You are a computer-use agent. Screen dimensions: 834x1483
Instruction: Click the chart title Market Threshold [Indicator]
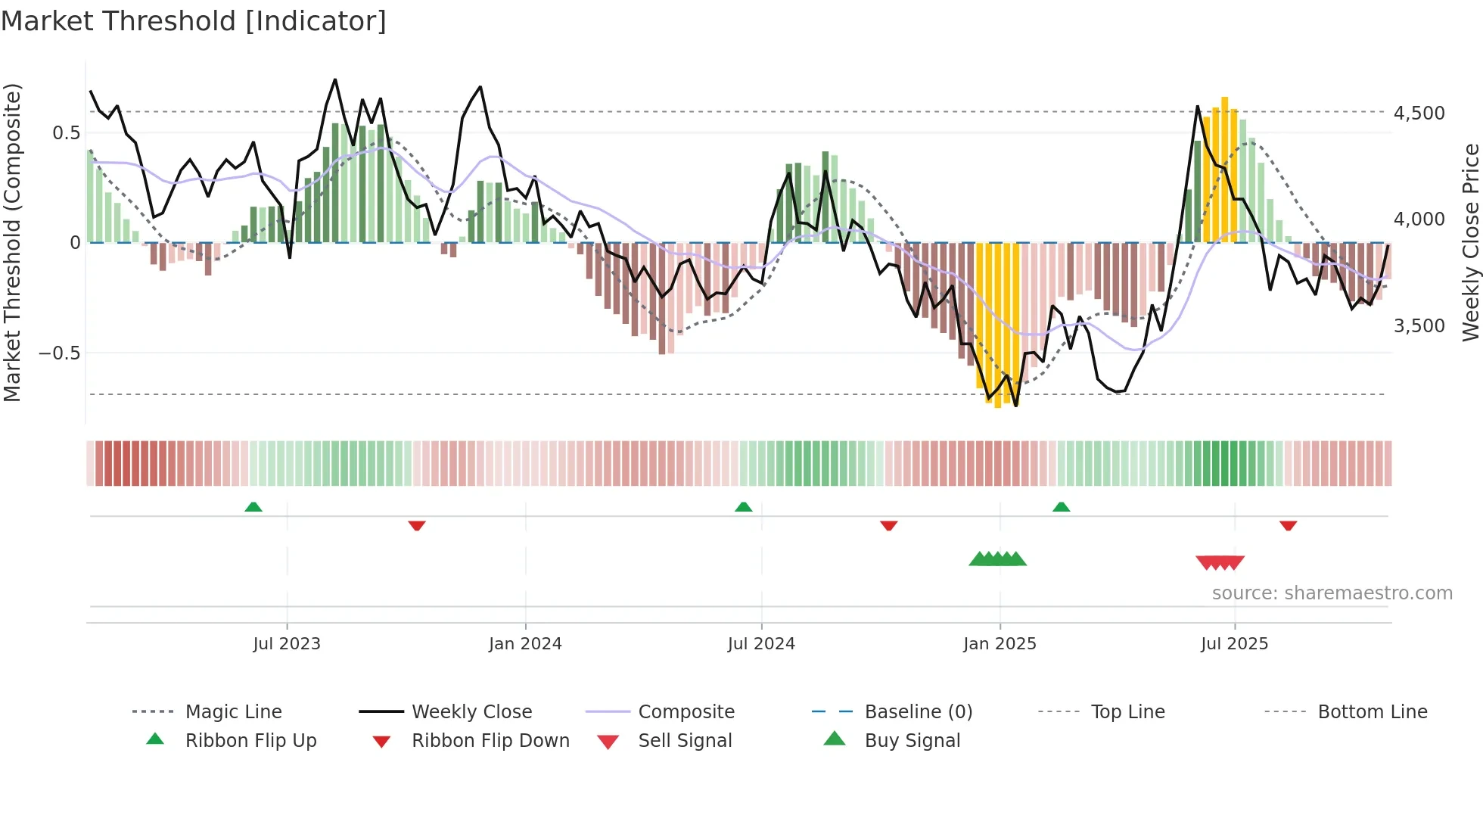click(x=194, y=21)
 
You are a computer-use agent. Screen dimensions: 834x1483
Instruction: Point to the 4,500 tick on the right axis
click(x=1419, y=114)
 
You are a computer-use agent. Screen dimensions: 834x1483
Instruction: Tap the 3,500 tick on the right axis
click(x=1419, y=326)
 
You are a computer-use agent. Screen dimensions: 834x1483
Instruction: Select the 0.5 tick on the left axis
click(x=66, y=133)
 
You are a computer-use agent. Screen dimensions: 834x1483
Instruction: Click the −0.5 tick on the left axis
click(x=59, y=353)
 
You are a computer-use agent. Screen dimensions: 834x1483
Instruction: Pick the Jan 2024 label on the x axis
click(x=525, y=644)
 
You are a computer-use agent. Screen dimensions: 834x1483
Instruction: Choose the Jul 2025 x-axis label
click(x=1234, y=644)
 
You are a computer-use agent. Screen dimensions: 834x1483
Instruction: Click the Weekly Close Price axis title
click(x=1470, y=242)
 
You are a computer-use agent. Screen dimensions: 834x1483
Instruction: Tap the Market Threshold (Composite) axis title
click(x=12, y=242)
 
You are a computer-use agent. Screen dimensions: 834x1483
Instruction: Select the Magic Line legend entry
click(x=233, y=712)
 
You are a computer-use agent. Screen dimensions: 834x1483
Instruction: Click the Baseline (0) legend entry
click(x=918, y=712)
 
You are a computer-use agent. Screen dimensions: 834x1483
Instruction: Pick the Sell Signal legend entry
click(x=685, y=741)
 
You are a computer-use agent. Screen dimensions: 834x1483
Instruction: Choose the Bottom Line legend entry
click(x=1372, y=712)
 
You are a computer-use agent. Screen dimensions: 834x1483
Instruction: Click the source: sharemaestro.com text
click(x=1332, y=593)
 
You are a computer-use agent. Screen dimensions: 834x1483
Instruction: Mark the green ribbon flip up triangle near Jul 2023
click(x=253, y=507)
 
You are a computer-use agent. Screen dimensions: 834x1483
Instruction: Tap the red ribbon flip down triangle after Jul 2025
click(x=1288, y=525)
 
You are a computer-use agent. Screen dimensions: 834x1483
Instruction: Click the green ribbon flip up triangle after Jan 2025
click(x=1061, y=507)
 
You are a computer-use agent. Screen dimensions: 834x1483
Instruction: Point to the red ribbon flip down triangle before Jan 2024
click(x=417, y=525)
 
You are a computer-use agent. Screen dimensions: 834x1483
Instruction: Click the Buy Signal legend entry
click(x=912, y=741)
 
